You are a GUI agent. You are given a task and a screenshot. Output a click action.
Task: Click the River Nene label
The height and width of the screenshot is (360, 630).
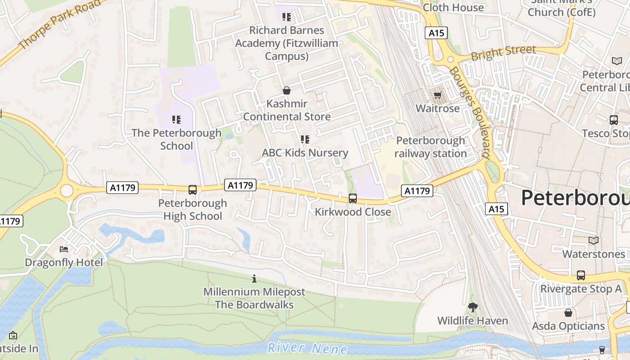[307, 348]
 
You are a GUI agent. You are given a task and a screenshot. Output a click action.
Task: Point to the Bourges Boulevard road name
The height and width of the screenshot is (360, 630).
[469, 112]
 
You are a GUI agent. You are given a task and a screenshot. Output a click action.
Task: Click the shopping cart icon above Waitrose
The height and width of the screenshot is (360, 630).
[437, 95]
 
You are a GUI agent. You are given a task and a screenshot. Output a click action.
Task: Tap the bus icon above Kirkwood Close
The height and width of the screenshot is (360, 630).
[353, 198]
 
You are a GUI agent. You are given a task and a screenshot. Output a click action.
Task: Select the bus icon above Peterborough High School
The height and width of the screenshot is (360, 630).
[193, 190]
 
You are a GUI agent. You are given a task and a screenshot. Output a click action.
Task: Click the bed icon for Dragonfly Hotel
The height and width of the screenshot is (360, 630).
[64, 249]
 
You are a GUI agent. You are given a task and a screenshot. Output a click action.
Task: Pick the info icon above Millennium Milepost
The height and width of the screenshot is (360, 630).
[254, 279]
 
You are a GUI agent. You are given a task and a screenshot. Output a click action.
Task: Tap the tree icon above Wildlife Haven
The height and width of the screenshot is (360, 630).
[472, 307]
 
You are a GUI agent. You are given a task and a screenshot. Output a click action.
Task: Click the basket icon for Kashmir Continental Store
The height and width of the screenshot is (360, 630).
[287, 90]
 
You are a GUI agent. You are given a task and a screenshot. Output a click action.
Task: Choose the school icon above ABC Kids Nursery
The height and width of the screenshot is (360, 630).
[305, 139]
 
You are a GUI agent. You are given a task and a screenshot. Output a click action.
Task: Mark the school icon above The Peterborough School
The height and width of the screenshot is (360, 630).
[176, 120]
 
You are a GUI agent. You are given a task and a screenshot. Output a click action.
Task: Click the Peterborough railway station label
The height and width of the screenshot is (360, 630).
[431, 147]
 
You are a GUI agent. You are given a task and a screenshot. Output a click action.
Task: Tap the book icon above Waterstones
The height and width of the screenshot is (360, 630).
[594, 241]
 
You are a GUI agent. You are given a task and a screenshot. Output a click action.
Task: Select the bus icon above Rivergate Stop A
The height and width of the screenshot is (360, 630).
[581, 275]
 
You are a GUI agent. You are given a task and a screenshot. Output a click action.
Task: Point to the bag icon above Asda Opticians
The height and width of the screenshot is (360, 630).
[568, 312]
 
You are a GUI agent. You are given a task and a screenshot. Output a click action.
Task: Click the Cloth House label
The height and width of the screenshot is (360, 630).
[454, 7]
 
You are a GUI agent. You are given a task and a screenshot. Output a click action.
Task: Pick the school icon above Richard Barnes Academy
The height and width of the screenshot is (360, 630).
[286, 17]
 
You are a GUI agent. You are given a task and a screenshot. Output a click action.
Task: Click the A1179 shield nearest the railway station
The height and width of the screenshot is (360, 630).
[417, 191]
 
